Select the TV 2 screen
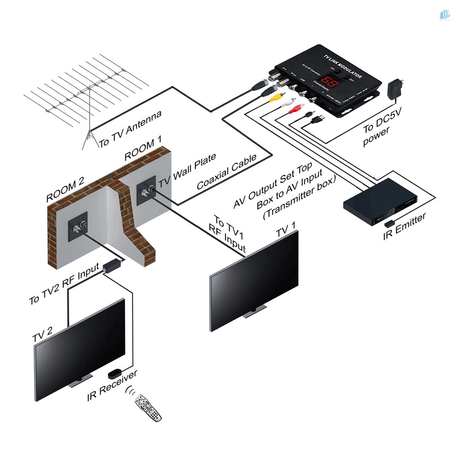[x=80, y=350]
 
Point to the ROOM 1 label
[x=142, y=150]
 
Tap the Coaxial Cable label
[x=227, y=172]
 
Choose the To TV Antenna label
[x=130, y=129]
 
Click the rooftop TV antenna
[x=85, y=90]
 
